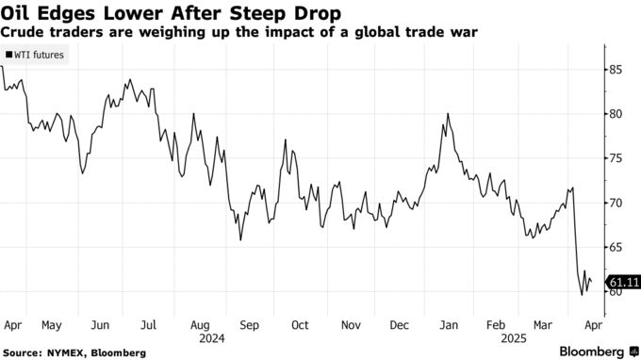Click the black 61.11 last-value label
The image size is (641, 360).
623,282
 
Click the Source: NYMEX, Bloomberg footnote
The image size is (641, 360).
74,352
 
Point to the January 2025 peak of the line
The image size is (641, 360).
447,114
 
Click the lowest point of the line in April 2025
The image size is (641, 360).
582,295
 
